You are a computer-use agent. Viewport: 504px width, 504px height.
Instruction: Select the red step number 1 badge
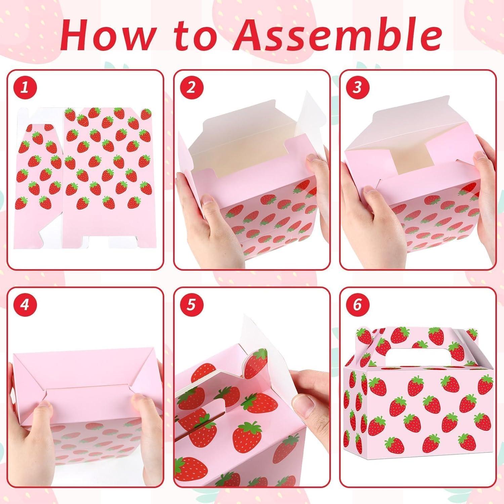point(24,87)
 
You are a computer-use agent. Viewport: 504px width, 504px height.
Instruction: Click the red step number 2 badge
point(191,87)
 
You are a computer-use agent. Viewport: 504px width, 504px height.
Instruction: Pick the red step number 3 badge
point(357,87)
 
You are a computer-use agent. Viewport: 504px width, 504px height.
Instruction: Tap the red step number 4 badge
point(24,305)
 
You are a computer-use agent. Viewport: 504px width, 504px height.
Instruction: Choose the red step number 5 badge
point(191,305)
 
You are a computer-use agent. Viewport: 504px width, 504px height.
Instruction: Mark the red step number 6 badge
point(357,305)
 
